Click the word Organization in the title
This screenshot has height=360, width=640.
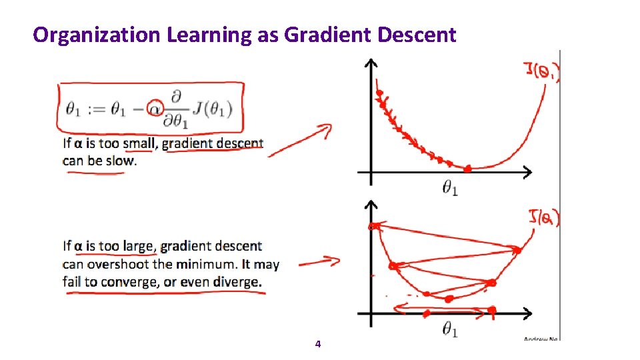point(95,35)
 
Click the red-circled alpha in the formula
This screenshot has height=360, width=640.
point(155,107)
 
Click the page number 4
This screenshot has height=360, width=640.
point(318,344)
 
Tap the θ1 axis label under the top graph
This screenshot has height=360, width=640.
point(450,189)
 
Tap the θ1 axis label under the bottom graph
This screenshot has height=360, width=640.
point(450,329)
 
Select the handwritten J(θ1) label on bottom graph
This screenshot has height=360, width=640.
point(543,217)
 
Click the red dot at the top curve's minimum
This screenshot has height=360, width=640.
point(467,169)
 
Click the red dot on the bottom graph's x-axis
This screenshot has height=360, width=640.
point(492,310)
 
